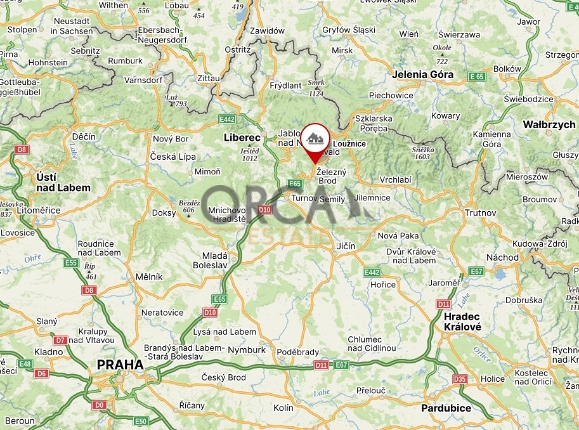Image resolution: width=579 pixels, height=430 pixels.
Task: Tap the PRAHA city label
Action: [120, 365]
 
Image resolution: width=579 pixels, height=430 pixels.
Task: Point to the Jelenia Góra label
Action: [422, 74]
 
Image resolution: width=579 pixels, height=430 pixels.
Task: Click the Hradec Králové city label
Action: [462, 322]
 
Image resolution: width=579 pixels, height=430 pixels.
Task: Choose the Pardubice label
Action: [446, 408]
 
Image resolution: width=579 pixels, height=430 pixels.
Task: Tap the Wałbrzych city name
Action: [549, 125]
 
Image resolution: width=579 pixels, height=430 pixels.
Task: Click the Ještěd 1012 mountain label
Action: [250, 154]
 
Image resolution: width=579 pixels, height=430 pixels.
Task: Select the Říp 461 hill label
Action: [90, 271]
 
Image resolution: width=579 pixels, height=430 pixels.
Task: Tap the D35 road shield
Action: [460, 379]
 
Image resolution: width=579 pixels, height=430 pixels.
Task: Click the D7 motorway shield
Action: [60, 340]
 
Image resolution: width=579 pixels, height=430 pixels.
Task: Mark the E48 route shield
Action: [25, 363]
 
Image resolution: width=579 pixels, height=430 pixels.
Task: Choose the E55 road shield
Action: [71, 263]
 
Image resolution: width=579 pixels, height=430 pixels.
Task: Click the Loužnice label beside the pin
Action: [349, 144]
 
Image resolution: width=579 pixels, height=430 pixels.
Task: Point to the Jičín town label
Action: [346, 246]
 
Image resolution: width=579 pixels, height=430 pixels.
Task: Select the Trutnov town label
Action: [480, 213]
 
